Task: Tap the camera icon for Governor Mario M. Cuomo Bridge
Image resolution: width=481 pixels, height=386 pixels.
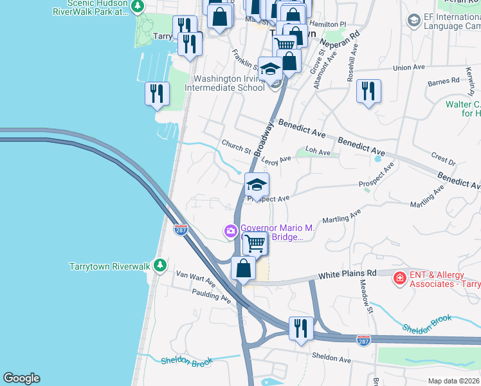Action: (x=230, y=231)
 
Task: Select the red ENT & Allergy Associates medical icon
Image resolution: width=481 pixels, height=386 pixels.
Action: (x=399, y=279)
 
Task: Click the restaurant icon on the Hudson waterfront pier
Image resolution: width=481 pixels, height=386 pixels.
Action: (x=157, y=94)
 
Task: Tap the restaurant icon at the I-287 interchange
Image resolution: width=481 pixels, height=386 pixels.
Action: (x=301, y=329)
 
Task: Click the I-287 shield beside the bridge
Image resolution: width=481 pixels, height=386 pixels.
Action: (x=181, y=229)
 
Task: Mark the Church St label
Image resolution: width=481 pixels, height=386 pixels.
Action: (x=235, y=147)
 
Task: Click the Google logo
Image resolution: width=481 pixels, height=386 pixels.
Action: (x=21, y=378)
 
